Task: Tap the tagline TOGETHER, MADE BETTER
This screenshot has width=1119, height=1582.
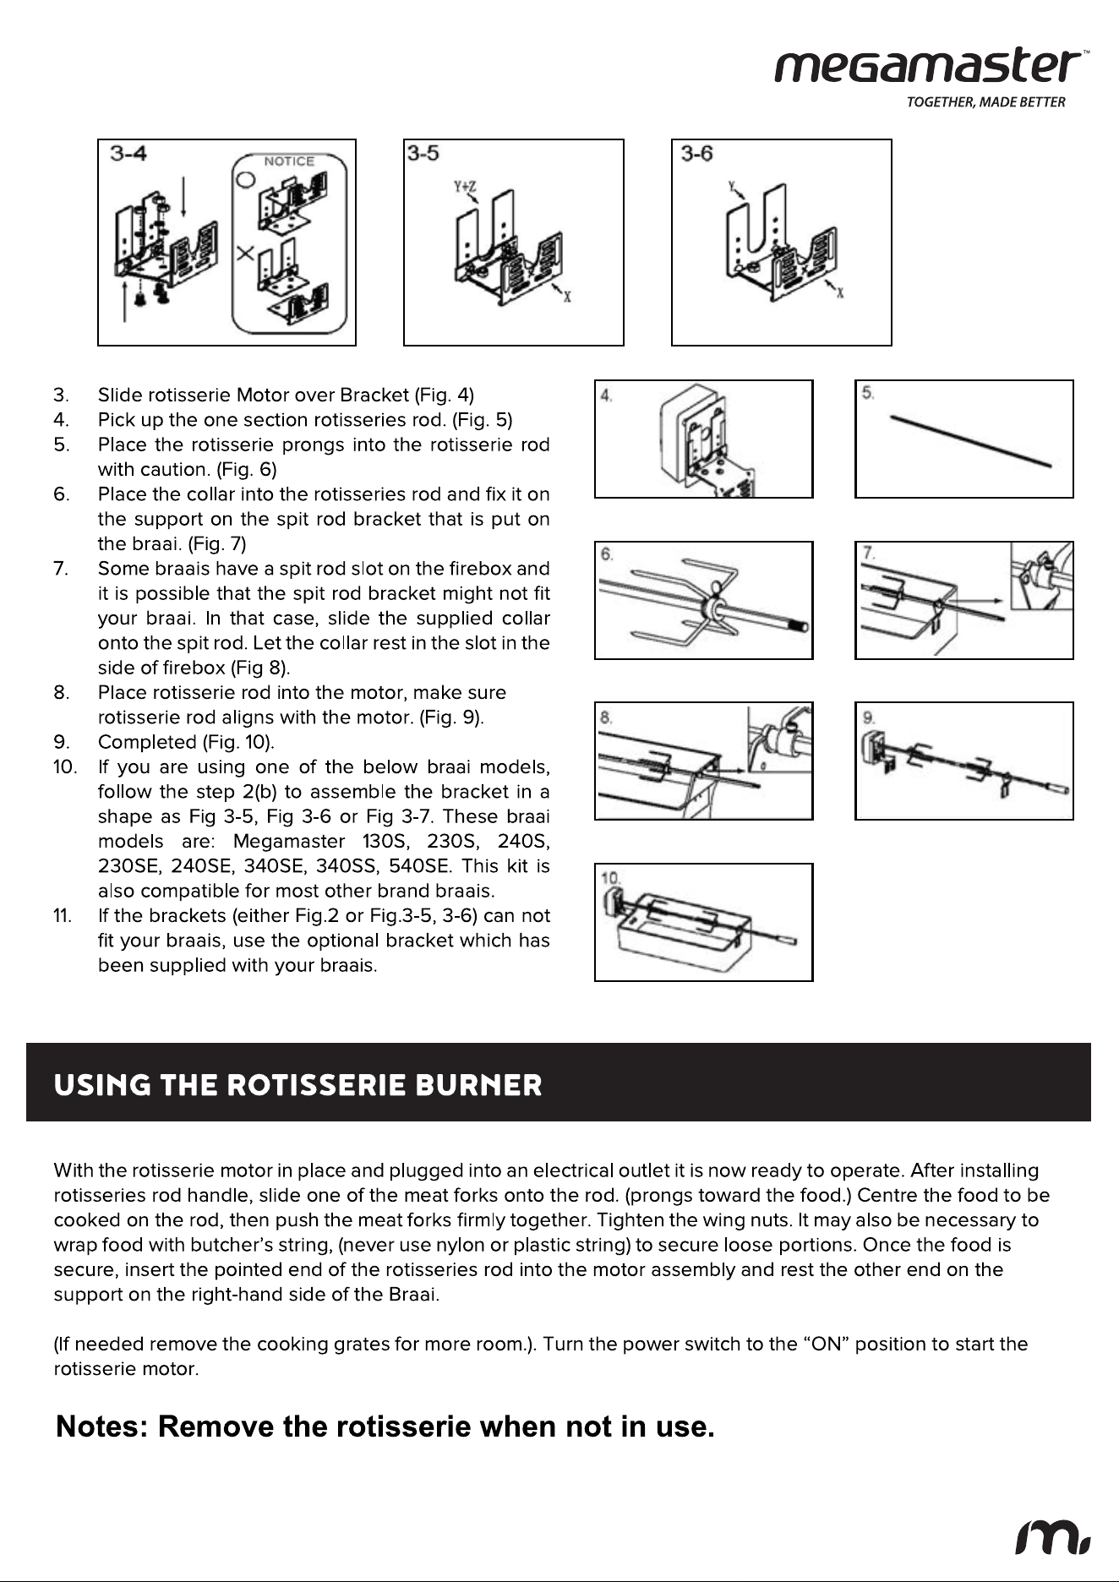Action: pyautogui.click(x=985, y=103)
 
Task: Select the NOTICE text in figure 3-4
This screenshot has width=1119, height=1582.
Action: pyautogui.click(x=289, y=161)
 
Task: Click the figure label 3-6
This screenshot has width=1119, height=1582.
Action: pyautogui.click(x=697, y=153)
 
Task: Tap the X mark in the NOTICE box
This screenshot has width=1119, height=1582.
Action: pyautogui.click(x=246, y=253)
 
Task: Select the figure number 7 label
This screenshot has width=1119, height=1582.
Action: pyautogui.click(x=870, y=554)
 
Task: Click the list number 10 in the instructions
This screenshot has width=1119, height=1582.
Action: pyautogui.click(x=63, y=767)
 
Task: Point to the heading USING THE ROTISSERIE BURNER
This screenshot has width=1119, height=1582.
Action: pyautogui.click(x=297, y=1085)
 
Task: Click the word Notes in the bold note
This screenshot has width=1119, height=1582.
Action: pyautogui.click(x=101, y=1427)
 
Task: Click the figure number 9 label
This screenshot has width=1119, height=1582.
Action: pyautogui.click(x=870, y=717)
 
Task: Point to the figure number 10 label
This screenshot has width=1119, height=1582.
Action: pyautogui.click(x=610, y=878)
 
